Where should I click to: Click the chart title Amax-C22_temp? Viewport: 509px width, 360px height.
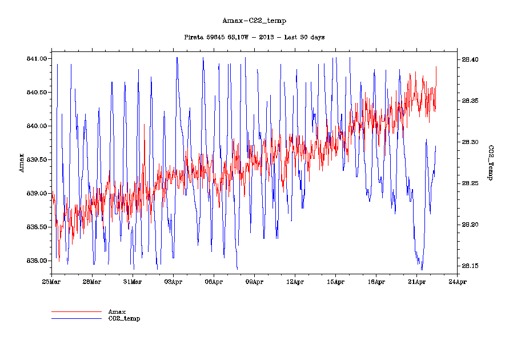pyautogui.click(x=254, y=21)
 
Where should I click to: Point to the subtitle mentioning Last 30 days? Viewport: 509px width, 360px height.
pyautogui.click(x=254, y=37)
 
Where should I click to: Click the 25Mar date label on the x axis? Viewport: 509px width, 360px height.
pyautogui.click(x=51, y=281)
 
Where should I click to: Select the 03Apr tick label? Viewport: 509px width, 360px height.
pyautogui.click(x=173, y=281)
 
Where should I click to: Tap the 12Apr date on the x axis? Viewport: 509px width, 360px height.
pyautogui.click(x=295, y=281)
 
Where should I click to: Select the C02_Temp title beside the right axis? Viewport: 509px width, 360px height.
pyautogui.click(x=490, y=163)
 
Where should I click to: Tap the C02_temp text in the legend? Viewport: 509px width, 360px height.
pyautogui.click(x=124, y=318)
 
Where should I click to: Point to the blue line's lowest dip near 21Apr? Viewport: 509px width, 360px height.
pyautogui.click(x=422, y=269)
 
